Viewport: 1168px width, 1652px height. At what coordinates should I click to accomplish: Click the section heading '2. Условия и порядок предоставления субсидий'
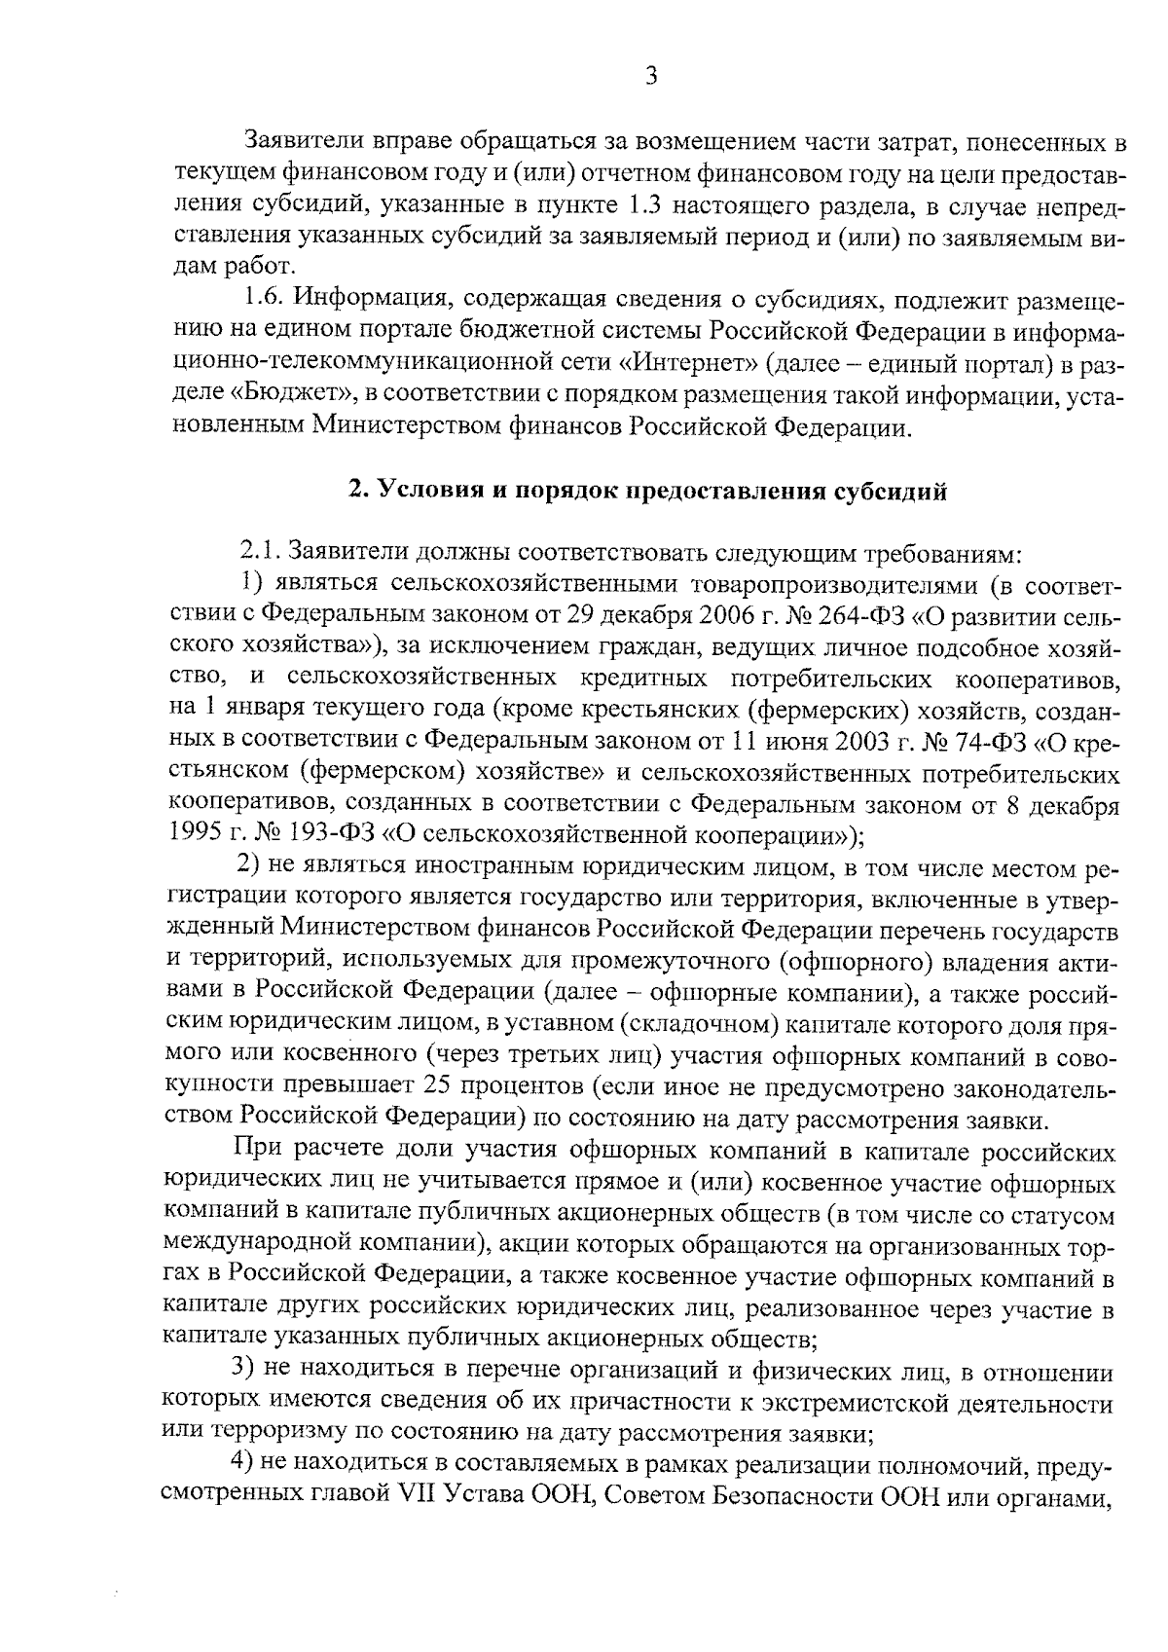[648, 492]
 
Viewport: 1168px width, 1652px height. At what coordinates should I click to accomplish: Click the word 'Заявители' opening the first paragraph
[291, 143]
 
